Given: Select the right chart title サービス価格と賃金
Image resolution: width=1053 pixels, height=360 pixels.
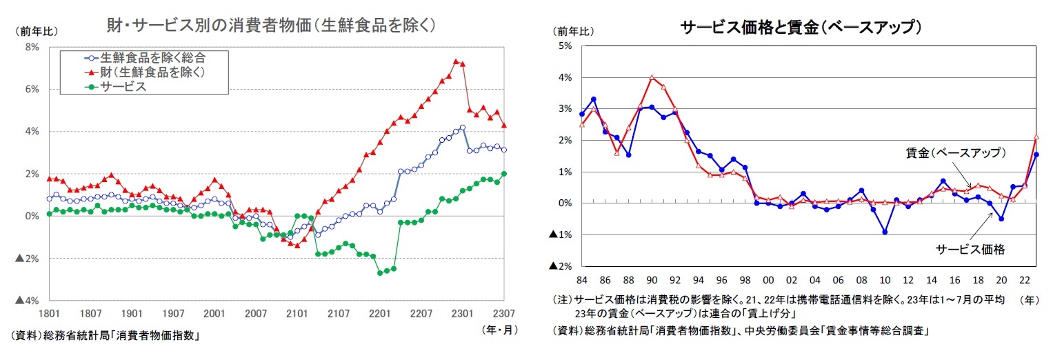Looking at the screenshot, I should (801, 28).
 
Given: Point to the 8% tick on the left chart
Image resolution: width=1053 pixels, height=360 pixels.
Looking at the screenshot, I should (32, 47).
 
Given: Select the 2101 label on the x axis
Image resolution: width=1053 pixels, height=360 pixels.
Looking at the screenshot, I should (297, 314).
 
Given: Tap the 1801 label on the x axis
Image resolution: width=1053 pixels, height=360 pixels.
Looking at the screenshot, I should (48, 314).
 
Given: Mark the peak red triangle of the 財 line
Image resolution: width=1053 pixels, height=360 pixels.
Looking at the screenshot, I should (456, 61).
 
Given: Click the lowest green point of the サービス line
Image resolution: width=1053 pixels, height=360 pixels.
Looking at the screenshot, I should (380, 273).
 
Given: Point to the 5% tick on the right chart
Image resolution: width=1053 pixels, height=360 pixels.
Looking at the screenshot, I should (565, 46).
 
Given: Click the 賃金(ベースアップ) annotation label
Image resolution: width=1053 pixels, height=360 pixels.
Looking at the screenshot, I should (955, 153).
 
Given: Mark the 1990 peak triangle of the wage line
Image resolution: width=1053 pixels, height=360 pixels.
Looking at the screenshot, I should (652, 77).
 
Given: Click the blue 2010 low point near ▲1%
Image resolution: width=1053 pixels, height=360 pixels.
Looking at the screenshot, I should (885, 232).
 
